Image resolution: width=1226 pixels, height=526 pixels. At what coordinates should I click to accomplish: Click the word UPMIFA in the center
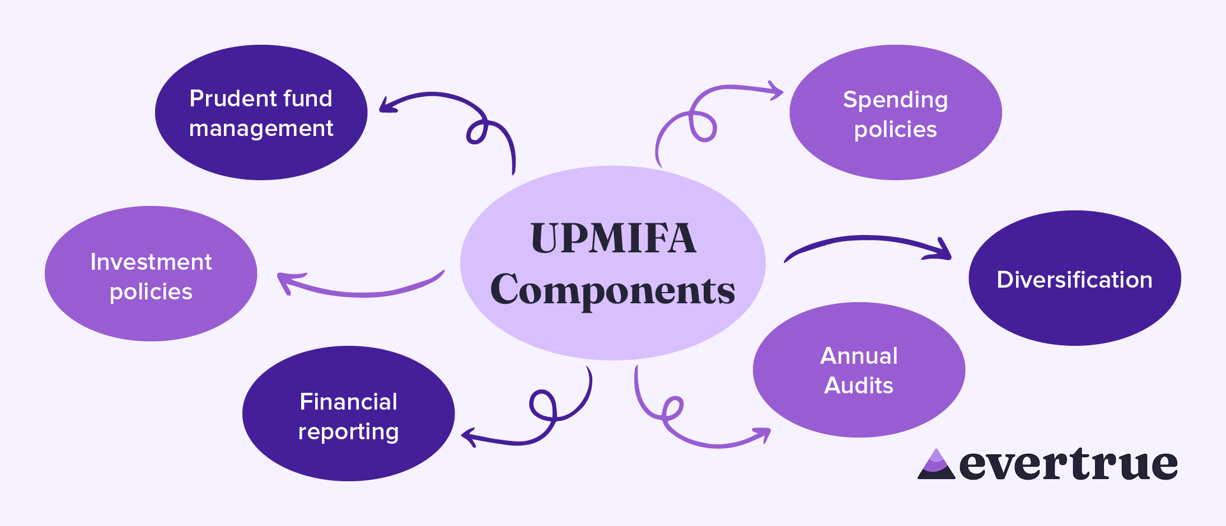click(613, 238)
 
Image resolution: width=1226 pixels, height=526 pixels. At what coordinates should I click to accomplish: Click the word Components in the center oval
click(613, 290)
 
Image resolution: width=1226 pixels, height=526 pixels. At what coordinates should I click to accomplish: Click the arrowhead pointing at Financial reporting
click(468, 436)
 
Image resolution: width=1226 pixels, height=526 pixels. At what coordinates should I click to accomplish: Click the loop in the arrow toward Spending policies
click(703, 126)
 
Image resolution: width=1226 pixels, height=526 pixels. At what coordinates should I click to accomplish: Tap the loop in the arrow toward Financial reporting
click(542, 404)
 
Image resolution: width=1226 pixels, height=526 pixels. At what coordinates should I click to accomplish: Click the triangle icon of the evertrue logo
click(936, 465)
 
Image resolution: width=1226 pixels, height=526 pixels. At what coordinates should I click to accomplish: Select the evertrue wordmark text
click(1068, 464)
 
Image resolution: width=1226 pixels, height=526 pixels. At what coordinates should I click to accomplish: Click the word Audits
click(859, 386)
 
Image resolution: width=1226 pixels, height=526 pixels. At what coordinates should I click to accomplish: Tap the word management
click(261, 129)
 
